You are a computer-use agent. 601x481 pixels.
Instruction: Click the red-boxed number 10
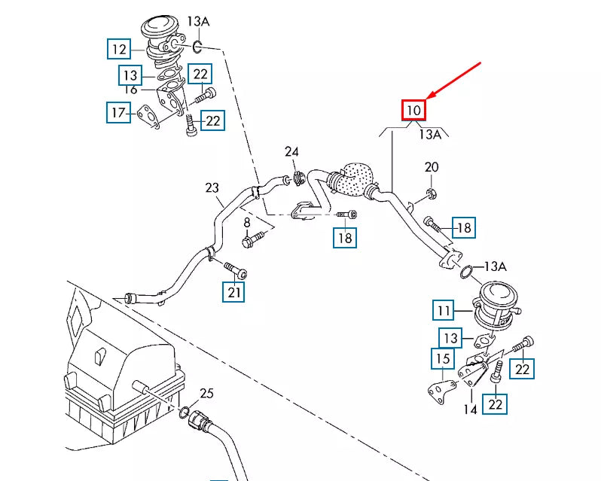click(413, 111)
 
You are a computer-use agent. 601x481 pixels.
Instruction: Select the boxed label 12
click(119, 50)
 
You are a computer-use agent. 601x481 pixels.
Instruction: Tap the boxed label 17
click(118, 113)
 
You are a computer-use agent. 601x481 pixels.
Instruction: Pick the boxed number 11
click(444, 309)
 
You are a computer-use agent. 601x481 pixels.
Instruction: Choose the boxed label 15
click(443, 358)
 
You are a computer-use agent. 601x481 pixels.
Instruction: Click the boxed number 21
click(234, 291)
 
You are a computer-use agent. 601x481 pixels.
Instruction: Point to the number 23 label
click(211, 187)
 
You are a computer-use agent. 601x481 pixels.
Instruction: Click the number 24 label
click(291, 153)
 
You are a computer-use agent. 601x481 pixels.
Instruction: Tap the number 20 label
click(431, 167)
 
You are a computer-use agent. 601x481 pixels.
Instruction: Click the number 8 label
click(246, 223)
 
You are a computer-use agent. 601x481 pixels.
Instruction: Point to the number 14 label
click(471, 410)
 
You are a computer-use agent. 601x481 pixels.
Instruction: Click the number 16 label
click(130, 90)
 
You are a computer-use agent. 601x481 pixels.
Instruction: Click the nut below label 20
click(430, 195)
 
